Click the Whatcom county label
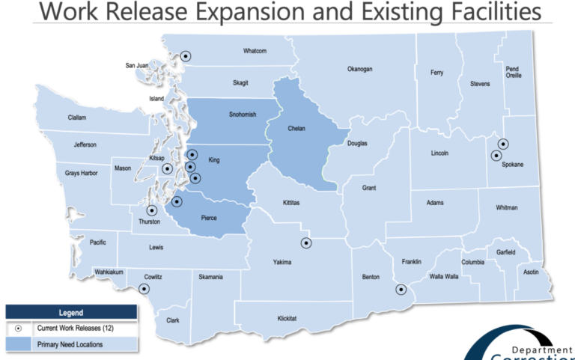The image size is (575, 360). point(255,52)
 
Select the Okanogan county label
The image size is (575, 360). point(359,70)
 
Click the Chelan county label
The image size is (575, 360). point(296,129)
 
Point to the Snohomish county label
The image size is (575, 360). point(243,115)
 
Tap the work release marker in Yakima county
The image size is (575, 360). point(305,242)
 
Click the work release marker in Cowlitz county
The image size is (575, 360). point(144,288)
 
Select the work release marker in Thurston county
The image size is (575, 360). point(152,211)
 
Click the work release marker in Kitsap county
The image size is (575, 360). point(167,169)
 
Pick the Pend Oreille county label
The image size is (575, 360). point(514,72)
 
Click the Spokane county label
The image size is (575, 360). point(513,164)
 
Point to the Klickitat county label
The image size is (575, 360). point(287,318)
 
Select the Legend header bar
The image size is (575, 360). point(71,312)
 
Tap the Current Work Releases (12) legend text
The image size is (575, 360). point(76,328)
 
